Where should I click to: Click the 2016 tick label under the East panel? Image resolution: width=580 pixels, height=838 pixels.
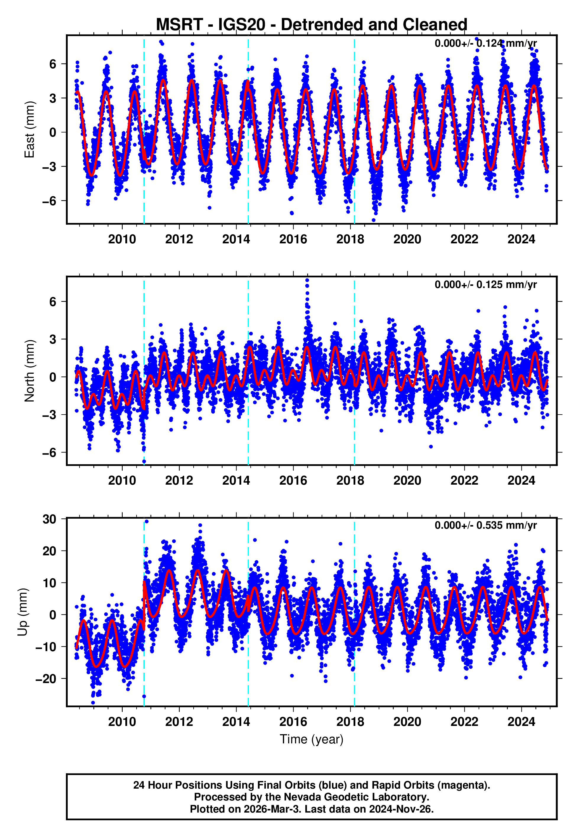click(293, 240)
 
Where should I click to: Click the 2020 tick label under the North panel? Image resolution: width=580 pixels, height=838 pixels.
click(407, 481)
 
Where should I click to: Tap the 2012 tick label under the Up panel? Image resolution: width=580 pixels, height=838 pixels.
click(179, 722)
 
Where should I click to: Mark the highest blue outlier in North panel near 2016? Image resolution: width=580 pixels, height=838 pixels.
click(307, 280)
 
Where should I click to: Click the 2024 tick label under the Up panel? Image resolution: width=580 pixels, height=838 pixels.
click(521, 722)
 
